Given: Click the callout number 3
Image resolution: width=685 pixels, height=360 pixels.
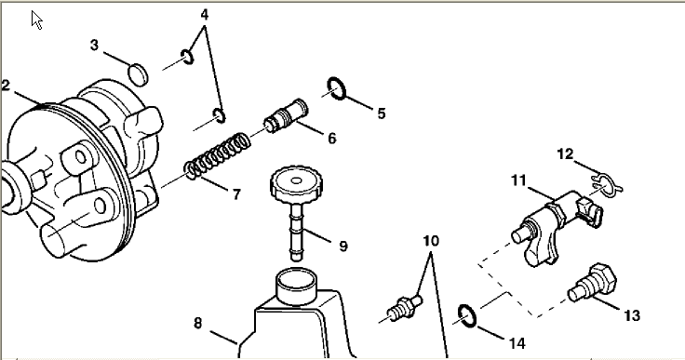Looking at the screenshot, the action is click(x=94, y=45).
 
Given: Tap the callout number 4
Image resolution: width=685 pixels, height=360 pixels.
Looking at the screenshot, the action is click(x=205, y=15).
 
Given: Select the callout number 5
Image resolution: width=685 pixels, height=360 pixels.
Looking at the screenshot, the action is click(x=382, y=113).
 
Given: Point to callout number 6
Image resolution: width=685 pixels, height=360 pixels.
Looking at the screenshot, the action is click(x=332, y=139).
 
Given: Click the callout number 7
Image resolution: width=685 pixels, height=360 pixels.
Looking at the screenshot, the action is click(x=236, y=194).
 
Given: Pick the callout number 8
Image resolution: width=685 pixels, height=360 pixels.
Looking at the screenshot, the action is click(x=198, y=324).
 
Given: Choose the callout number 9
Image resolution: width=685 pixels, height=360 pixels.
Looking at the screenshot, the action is click(x=343, y=247).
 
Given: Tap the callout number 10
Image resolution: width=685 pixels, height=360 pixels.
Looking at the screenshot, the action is click(x=431, y=241).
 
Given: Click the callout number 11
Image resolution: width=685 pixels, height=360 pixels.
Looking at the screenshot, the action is click(x=518, y=180).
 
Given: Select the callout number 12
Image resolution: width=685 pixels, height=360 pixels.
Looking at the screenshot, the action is click(x=565, y=153).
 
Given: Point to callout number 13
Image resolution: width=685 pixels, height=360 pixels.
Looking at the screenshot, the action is click(x=632, y=315).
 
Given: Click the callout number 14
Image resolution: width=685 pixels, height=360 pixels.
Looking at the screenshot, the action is click(x=517, y=343).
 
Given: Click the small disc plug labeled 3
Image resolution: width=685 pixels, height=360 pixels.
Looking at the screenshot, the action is click(x=138, y=74).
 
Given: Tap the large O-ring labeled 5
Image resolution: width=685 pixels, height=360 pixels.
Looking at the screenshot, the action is click(x=337, y=88).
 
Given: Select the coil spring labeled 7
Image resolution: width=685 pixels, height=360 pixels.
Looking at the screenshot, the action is click(x=217, y=156).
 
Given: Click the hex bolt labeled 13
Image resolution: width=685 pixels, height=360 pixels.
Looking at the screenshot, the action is click(x=593, y=282).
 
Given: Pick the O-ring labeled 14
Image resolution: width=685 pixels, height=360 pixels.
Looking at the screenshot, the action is click(x=467, y=316).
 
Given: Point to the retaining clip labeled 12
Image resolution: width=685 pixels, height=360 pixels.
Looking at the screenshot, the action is click(x=607, y=184).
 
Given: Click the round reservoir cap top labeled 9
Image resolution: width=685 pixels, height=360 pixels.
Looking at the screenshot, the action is click(x=296, y=181).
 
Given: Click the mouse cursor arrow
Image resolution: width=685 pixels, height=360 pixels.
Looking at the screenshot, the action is click(x=36, y=20).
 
